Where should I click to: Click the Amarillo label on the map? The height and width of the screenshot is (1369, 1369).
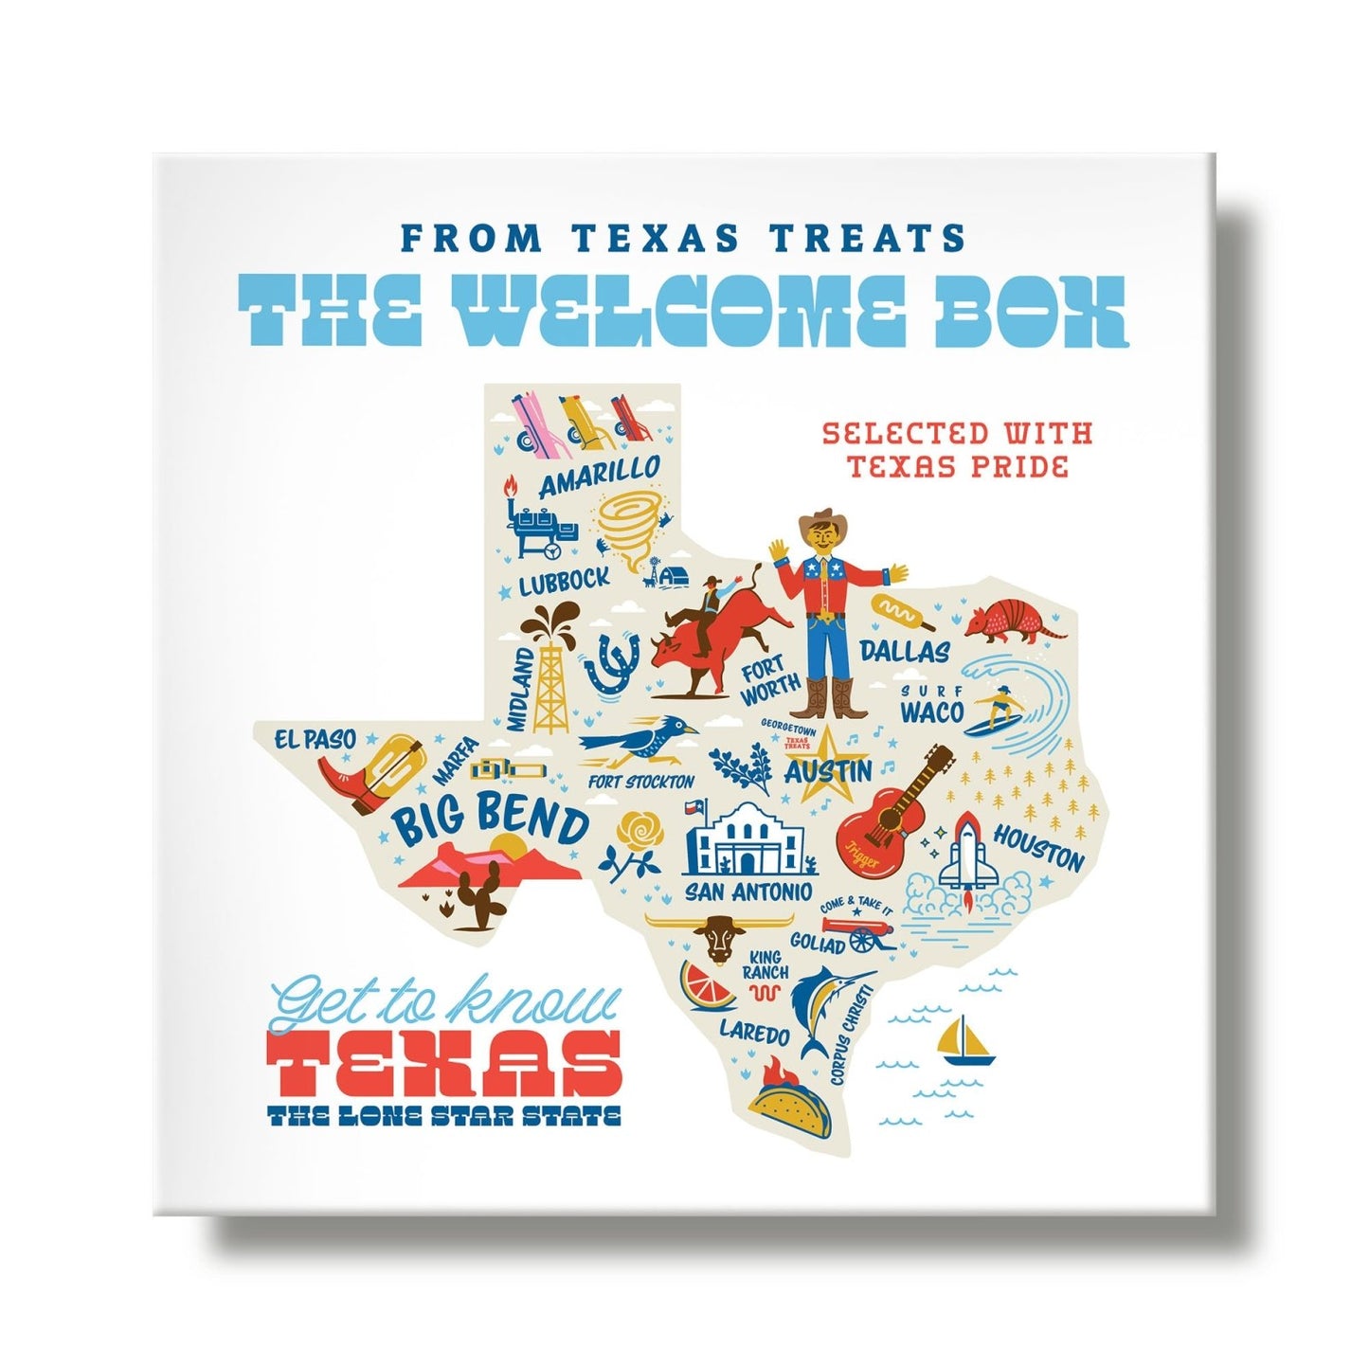tap(599, 477)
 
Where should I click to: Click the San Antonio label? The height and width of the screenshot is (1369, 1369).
tap(748, 892)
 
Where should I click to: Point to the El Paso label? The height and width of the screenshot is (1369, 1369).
tap(315, 740)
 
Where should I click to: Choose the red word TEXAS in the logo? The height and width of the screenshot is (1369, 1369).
tap(444, 1063)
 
